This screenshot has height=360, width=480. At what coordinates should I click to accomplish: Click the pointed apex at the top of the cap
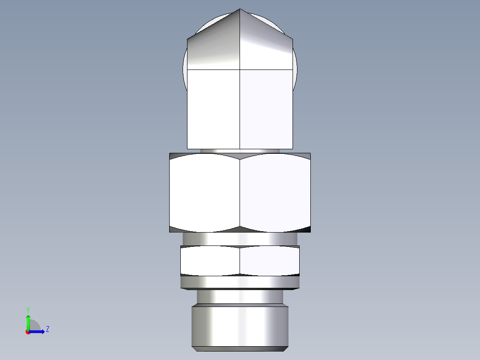coord(240,9)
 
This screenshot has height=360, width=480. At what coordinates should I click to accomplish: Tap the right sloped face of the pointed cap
coord(265,45)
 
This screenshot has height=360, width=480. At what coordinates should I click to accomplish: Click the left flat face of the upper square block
coord(214,109)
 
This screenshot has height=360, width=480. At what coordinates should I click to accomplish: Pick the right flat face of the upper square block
coord(266,109)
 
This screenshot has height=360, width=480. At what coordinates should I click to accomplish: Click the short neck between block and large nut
coord(240,151)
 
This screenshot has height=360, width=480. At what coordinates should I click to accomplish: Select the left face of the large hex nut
coord(205,192)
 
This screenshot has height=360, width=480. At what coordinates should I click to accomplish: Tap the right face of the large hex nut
coord(275,192)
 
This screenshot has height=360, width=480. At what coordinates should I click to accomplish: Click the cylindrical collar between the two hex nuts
coord(240,238)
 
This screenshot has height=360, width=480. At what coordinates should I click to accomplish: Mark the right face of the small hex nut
coord(269,261)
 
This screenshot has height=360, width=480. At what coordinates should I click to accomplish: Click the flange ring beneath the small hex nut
coord(240,282)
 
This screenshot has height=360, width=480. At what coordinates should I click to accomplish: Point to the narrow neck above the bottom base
coord(240,297)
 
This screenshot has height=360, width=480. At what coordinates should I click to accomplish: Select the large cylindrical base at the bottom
coord(240,326)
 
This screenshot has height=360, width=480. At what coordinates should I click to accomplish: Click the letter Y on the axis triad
coord(28,309)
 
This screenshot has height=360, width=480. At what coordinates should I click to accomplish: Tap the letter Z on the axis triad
coord(47,329)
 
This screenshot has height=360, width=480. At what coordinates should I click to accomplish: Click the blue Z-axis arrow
coord(38,331)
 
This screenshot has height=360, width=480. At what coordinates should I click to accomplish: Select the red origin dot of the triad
coord(28,332)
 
